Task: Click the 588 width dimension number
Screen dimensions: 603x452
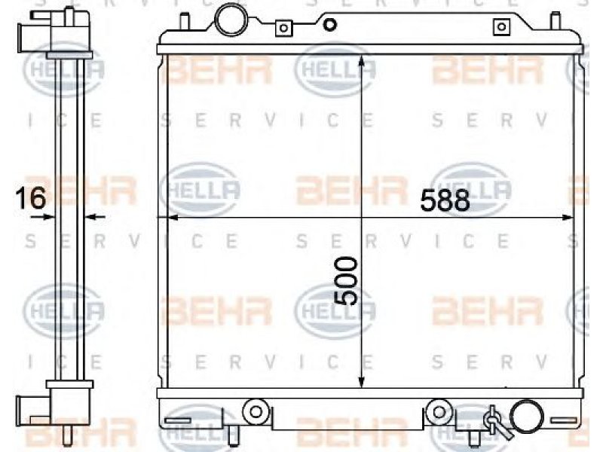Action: pyautogui.click(x=445, y=200)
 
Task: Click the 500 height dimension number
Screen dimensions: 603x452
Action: pyautogui.click(x=345, y=281)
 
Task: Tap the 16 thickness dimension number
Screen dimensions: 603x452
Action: pyautogui.click(x=31, y=198)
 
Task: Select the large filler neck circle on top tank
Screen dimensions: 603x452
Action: pyautogui.click(x=231, y=20)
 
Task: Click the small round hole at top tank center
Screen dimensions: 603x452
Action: pyautogui.click(x=329, y=25)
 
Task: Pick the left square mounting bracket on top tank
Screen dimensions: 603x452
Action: pyautogui.click(x=284, y=28)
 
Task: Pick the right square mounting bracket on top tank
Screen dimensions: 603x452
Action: pyautogui.click(x=501, y=27)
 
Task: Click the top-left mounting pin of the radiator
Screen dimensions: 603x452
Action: pyautogui.click(x=185, y=23)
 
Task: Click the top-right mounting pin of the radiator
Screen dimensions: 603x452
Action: pyautogui.click(x=555, y=21)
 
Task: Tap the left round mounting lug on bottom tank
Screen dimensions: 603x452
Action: pyautogui.click(x=256, y=411)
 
